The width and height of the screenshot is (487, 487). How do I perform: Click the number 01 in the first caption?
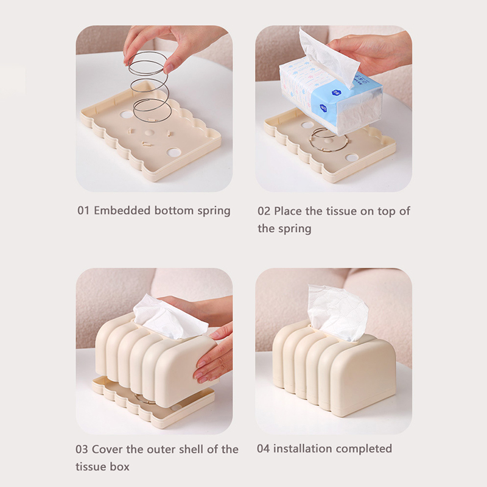coord(83,211)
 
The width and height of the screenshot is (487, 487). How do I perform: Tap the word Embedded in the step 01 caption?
coord(123,210)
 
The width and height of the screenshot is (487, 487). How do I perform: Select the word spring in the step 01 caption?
coord(214,211)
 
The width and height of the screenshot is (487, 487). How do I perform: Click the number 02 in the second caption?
coord(264,211)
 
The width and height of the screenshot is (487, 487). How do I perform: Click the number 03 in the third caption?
coord(82,449)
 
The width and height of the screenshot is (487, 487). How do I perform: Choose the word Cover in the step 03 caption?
coord(108,449)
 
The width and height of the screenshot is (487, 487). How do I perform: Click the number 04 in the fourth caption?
coord(263,449)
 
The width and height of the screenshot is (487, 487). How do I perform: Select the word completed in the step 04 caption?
coord(363,449)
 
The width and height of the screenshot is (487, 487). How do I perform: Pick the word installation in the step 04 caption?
coord(303,449)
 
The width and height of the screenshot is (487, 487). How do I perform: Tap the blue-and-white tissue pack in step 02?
coord(331,98)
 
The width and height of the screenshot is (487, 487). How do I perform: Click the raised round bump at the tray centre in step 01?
coord(149,132)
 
